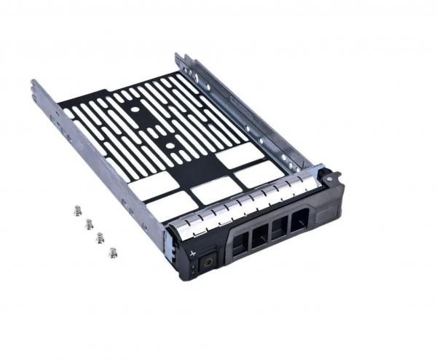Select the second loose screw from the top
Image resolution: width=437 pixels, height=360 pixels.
click(x=90, y=224)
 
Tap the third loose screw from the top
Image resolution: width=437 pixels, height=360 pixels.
click(x=101, y=238)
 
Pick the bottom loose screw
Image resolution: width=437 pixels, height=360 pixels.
click(x=112, y=252)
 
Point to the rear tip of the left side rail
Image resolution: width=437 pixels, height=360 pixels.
click(x=34, y=85)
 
